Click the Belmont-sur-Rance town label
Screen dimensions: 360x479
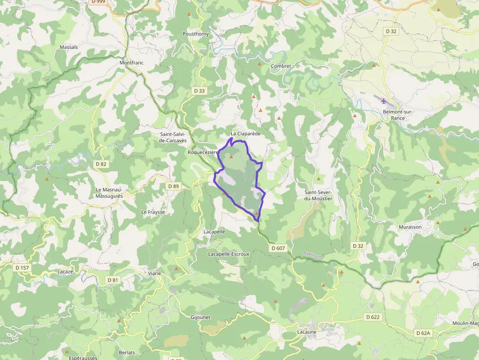pyautogui.click(x=398, y=115)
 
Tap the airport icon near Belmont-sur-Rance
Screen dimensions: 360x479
pyautogui.click(x=383, y=101)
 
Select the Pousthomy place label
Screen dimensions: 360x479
pyautogui.click(x=196, y=34)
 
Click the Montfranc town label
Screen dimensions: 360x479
pyautogui.click(x=132, y=63)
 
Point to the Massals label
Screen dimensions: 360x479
pyautogui.click(x=69, y=47)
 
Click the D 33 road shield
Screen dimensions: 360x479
pyautogui.click(x=199, y=91)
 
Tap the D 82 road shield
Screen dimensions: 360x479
pyautogui.click(x=100, y=164)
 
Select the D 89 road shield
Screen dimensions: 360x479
pyautogui.click(x=174, y=186)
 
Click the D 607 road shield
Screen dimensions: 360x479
pyautogui.click(x=278, y=248)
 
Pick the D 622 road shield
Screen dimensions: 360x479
pyautogui.click(x=372, y=317)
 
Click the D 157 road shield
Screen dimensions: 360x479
pyautogui.click(x=22, y=268)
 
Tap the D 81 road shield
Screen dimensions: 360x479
pyautogui.click(x=113, y=280)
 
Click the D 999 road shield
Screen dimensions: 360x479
pyautogui.click(x=98, y=2)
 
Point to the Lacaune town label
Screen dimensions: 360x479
pyautogui.click(x=307, y=332)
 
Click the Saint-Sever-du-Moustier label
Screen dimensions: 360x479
pyautogui.click(x=318, y=195)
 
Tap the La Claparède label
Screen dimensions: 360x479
pyautogui.click(x=246, y=134)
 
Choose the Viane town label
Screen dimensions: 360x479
pyautogui.click(x=154, y=274)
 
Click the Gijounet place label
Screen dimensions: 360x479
pyautogui.click(x=200, y=317)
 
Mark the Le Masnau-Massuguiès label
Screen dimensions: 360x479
pyautogui.click(x=109, y=192)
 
